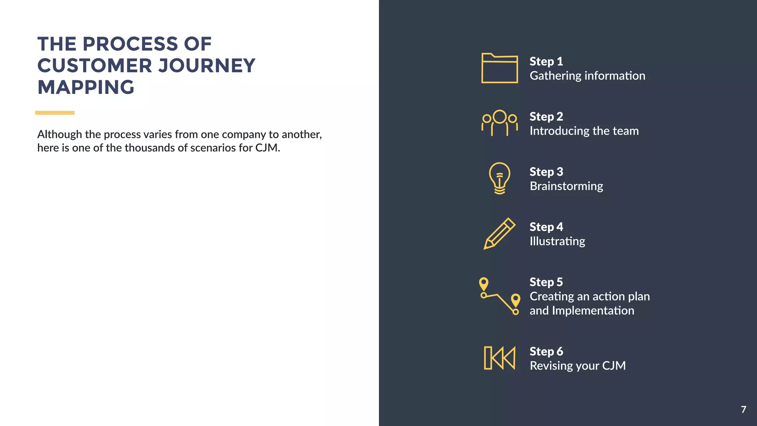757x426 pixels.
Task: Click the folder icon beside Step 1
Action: (499, 68)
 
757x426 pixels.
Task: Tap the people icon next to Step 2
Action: (499, 123)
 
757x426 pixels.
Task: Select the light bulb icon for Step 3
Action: (499, 178)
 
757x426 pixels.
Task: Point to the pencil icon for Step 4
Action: (499, 234)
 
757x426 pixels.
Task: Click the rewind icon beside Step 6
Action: (499, 358)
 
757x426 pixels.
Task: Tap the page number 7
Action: (743, 409)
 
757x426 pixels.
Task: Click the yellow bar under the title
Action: (55, 113)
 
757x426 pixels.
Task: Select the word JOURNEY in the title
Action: (207, 66)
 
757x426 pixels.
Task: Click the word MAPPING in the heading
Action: (86, 88)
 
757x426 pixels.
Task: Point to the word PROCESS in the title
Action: (130, 44)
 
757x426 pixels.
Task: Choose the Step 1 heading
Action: (546, 61)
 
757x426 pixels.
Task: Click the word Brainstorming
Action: (566, 186)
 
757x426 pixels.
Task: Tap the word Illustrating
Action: (557, 241)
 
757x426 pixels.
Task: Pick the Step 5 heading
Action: (546, 282)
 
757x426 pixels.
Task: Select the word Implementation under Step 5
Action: (593, 311)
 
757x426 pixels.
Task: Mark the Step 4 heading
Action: (546, 227)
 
